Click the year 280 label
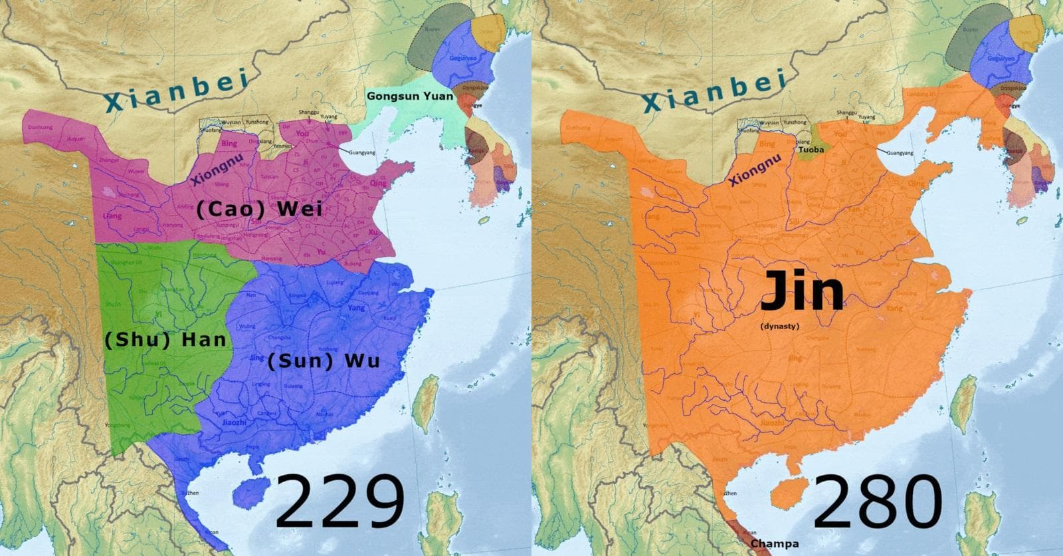click(x=877, y=503)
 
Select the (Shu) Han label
click(x=165, y=340)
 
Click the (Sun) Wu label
click(x=324, y=361)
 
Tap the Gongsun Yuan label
click(x=409, y=96)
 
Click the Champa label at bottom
click(x=775, y=544)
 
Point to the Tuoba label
click(x=811, y=150)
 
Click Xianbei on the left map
click(x=176, y=91)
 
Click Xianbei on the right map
click(x=714, y=91)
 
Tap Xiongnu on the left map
click(x=213, y=169)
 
